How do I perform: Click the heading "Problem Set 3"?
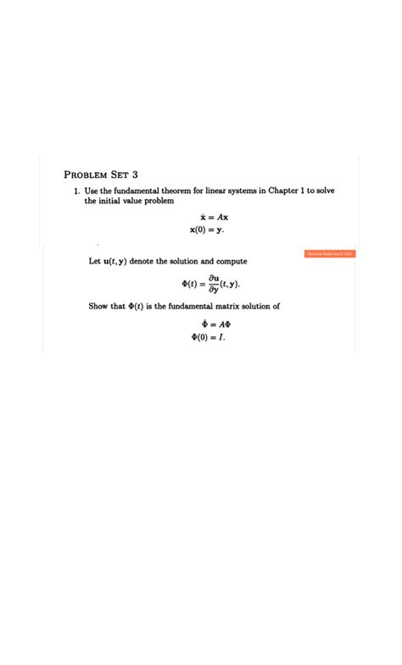pos(101,175)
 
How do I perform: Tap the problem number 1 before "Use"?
pos(75,191)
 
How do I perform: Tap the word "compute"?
pos(231,262)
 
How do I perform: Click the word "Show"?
pos(99,306)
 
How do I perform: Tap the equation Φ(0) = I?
pos(208,336)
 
